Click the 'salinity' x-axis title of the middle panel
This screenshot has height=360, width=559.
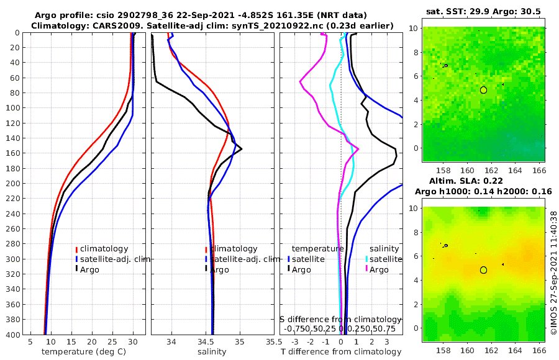click(212, 352)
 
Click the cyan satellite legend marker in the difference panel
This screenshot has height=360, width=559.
click(366, 259)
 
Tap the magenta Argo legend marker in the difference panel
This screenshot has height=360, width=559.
click(366, 269)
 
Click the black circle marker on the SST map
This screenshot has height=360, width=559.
click(483, 90)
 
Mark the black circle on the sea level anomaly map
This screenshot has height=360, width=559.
click(483, 270)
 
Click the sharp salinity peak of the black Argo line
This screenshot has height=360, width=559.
click(241, 148)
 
